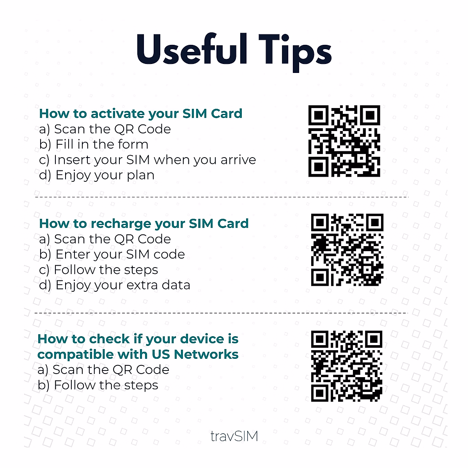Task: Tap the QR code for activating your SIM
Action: point(344,141)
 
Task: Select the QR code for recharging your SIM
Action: point(347,250)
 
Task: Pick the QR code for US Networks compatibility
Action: point(347,366)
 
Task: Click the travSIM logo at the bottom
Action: point(234,436)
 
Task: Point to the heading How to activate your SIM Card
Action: point(141,113)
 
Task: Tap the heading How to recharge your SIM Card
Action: point(144,223)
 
